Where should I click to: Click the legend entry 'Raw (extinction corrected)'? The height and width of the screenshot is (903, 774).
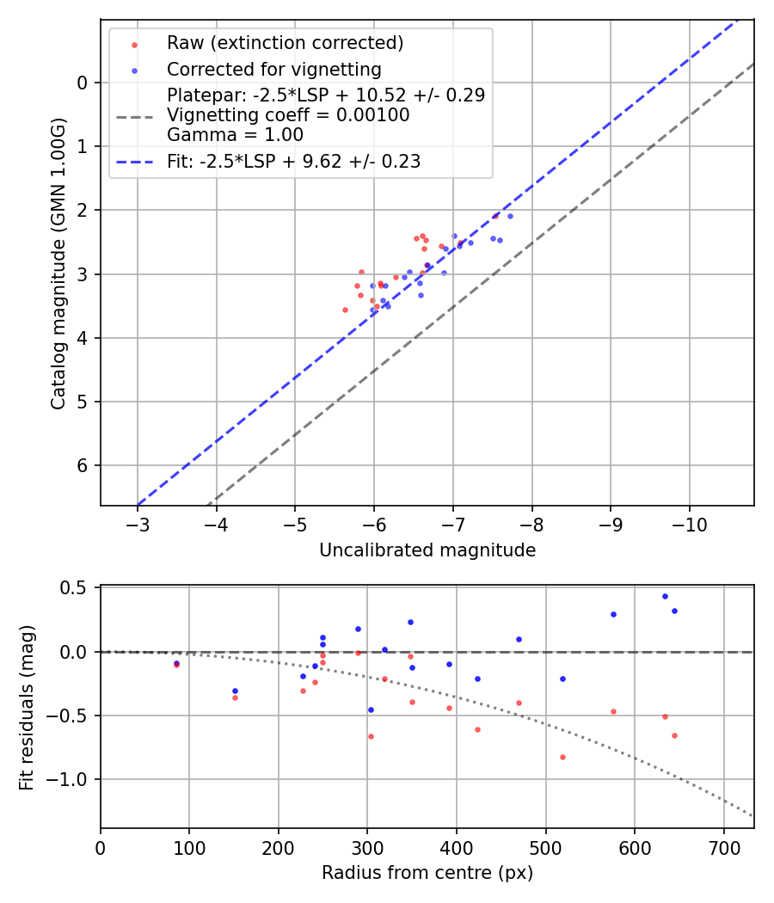[x=285, y=43]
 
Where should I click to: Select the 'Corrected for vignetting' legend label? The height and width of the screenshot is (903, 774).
[x=274, y=69]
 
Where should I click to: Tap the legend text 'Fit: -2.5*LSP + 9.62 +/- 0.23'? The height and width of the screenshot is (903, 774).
[x=293, y=161]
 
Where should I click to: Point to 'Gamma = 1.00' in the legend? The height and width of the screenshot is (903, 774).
[x=235, y=135]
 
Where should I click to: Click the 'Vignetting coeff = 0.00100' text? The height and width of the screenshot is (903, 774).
[x=288, y=115]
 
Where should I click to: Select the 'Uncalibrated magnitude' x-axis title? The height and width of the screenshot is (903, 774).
[x=427, y=550]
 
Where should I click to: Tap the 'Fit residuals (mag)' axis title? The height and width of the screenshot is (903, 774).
[x=28, y=707]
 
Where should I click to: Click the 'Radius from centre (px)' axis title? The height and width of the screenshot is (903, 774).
[x=427, y=873]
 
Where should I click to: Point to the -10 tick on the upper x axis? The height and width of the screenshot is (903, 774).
[x=689, y=524]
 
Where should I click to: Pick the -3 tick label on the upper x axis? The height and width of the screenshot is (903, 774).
[x=138, y=524]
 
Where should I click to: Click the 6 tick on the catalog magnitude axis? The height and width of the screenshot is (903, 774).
[x=83, y=466]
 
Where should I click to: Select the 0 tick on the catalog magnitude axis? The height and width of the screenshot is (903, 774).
[x=83, y=83]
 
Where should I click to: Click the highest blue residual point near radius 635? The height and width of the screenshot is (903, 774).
[x=665, y=596]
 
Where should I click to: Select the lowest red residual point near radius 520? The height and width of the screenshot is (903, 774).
[x=562, y=757]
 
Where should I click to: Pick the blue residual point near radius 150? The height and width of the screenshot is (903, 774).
[x=235, y=691]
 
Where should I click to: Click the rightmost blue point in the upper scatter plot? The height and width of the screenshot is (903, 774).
[x=510, y=216]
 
